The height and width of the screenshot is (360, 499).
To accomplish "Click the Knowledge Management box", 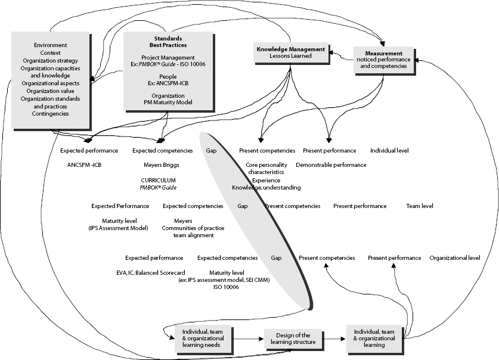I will (x=290, y=52).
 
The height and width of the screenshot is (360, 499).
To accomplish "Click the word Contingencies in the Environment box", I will (x=50, y=113).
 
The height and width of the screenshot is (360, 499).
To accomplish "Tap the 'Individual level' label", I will (x=389, y=151).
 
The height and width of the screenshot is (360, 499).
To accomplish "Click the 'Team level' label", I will (x=420, y=206).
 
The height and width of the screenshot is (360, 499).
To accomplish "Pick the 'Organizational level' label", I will (x=455, y=258).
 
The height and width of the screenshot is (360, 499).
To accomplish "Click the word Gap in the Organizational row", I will (x=276, y=258).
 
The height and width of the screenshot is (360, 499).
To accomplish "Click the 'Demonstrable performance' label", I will (x=331, y=165).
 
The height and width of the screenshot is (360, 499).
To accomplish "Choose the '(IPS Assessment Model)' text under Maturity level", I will (x=118, y=228).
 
